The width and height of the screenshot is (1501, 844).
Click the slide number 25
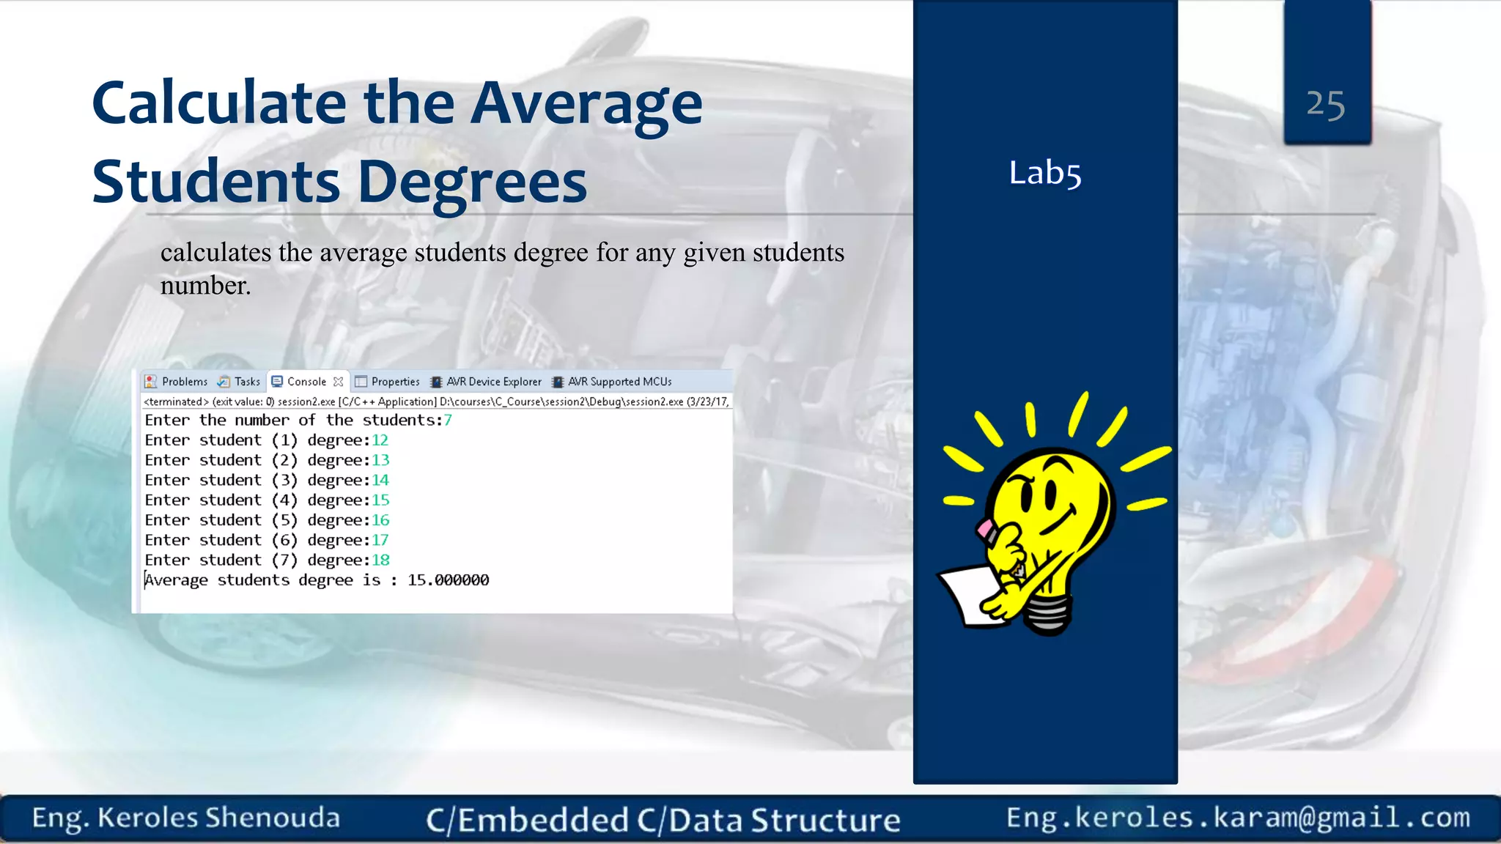click(x=1325, y=105)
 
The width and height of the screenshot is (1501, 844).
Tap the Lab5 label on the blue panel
click(x=1044, y=174)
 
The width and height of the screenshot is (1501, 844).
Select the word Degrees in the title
click(x=472, y=182)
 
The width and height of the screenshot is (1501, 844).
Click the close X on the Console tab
click(x=338, y=382)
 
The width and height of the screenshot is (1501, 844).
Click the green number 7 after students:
click(x=448, y=421)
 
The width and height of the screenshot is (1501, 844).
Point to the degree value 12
click(x=380, y=440)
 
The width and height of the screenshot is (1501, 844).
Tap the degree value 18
click(x=380, y=560)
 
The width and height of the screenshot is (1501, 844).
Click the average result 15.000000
click(x=448, y=580)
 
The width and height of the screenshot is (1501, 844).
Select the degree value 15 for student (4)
click(x=380, y=500)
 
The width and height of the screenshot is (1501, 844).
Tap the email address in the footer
click(x=1238, y=818)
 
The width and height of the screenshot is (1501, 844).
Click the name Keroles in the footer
click(x=147, y=818)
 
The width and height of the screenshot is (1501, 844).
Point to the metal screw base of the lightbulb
click(x=1047, y=614)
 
